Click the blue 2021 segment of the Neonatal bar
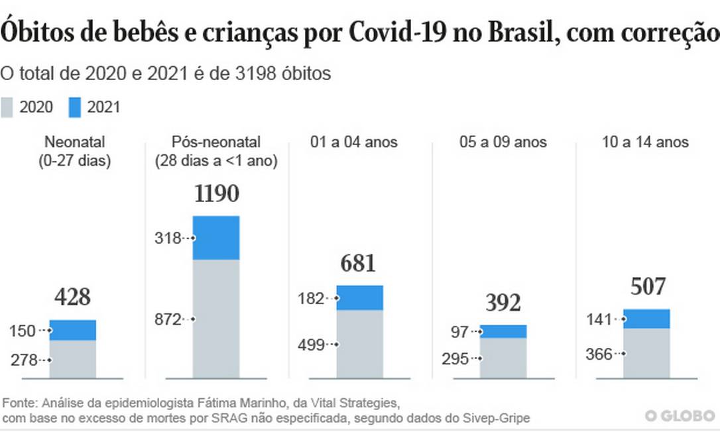tap(72, 330)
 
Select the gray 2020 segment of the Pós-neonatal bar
tap(215, 318)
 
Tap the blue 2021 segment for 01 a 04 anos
tap(359, 297)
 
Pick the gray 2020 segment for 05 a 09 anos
tap(503, 358)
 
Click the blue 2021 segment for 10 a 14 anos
tap(646, 319)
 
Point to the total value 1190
tap(216, 194)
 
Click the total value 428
tap(72, 297)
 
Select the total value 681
tap(359, 263)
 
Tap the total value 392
tap(503, 303)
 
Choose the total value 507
tap(646, 287)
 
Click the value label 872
tap(168, 319)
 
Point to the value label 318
tap(168, 238)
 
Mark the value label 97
tap(459, 332)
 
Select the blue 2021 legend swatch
tap(74, 107)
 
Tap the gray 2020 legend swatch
tap(7, 107)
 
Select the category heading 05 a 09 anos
tap(503, 142)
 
